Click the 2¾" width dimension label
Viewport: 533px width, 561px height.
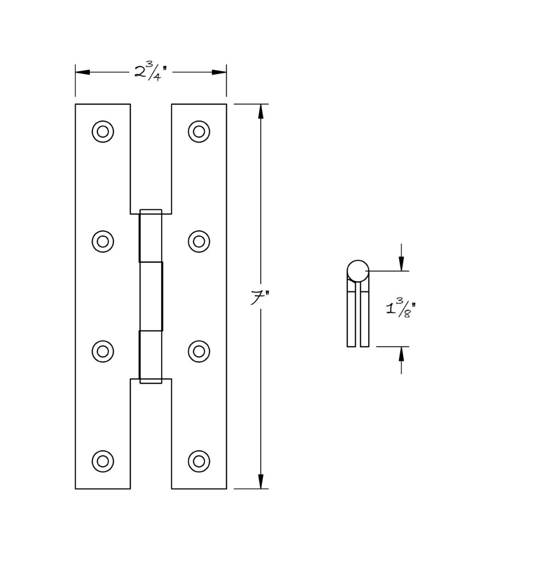[151, 72]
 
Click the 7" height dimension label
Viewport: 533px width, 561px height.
[260, 298]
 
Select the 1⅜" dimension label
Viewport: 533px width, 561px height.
[401, 307]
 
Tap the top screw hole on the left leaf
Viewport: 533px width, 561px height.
[102, 131]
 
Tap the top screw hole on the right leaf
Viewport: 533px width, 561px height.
[199, 131]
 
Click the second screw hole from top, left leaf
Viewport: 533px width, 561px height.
[102, 242]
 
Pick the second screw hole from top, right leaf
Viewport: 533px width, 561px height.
[199, 242]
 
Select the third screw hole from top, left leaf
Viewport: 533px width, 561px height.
[102, 351]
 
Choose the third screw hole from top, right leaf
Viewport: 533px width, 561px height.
[199, 351]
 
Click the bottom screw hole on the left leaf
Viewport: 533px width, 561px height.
[102, 461]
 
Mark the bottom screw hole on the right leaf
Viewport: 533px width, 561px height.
[199, 461]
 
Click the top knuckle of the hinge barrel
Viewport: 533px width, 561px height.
[151, 236]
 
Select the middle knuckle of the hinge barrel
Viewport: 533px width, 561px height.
[151, 296]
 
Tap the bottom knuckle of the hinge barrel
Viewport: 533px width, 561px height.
[151, 357]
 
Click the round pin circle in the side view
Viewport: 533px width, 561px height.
[358, 271]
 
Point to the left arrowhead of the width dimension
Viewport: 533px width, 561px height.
[83, 72]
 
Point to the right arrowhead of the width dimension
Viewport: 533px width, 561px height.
[219, 72]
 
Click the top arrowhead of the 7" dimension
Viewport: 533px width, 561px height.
[261, 111]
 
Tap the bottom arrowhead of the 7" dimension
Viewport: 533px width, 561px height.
[261, 481]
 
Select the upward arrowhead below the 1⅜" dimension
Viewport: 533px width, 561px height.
[402, 354]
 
